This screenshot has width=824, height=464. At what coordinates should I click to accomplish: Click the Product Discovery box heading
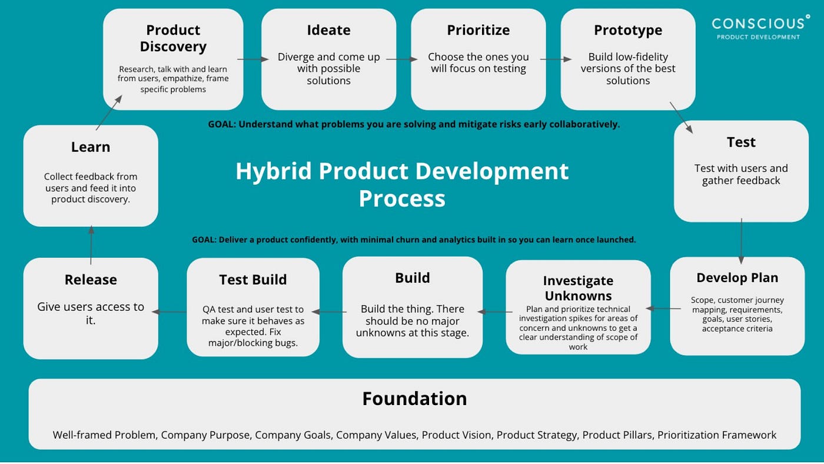click(173, 38)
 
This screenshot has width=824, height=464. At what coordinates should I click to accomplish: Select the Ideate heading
click(328, 30)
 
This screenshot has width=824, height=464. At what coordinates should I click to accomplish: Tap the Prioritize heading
click(478, 30)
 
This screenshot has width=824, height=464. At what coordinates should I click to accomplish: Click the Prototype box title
click(627, 30)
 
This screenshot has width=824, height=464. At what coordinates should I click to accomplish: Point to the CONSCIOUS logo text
click(757, 24)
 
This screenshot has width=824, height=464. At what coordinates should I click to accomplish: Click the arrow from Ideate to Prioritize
click(403, 59)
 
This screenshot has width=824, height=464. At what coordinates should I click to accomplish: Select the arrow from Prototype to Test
click(681, 117)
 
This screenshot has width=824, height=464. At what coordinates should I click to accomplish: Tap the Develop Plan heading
click(737, 277)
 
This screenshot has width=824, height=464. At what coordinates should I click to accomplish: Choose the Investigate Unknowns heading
click(578, 288)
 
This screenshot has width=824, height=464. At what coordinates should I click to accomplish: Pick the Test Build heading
click(252, 280)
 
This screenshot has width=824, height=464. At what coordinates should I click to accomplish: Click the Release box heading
click(91, 280)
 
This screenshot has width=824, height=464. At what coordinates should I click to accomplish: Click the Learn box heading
click(91, 147)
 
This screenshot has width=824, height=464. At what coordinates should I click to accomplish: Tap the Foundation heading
click(414, 399)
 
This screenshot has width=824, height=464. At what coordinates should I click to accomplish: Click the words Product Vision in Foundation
click(456, 435)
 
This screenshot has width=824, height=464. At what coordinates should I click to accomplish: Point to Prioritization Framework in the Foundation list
click(717, 435)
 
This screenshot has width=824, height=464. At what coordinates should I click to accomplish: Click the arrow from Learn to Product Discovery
click(109, 112)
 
